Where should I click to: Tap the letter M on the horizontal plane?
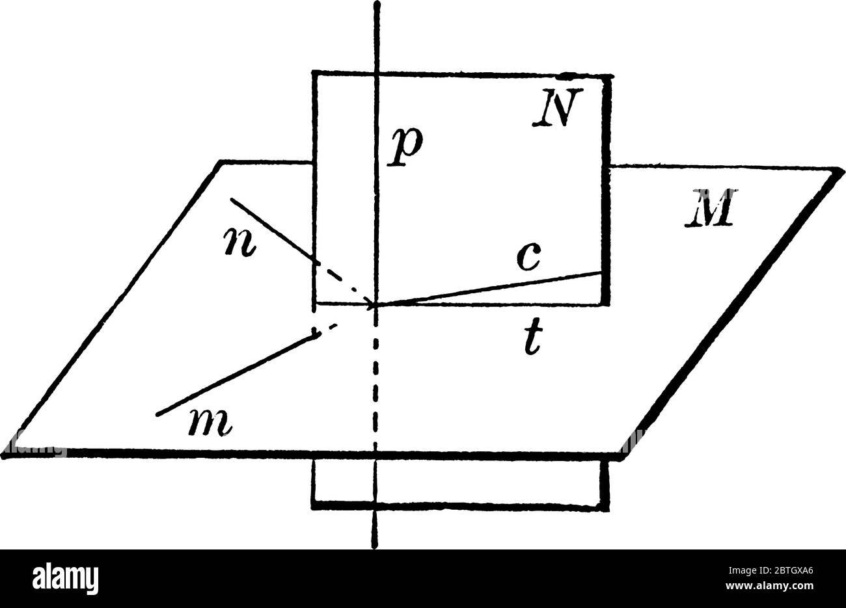point(709,207)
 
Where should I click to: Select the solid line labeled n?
point(273,231)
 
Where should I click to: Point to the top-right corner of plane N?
point(608,76)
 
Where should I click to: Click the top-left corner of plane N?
point(314,73)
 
